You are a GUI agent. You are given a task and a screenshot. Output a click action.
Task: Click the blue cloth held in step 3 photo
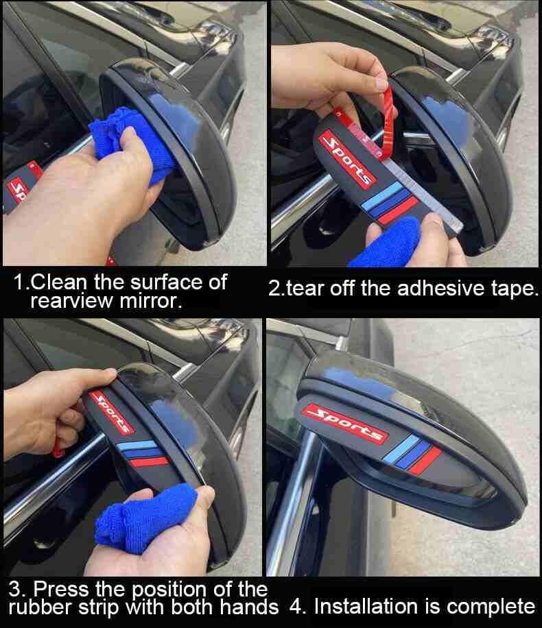(x=144, y=519)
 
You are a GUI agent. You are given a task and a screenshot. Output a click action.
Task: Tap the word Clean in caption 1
(x=58, y=282)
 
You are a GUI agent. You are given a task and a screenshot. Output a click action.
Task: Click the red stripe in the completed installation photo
(x=427, y=460)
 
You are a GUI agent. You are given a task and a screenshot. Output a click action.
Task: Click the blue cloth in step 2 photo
(x=386, y=244)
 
